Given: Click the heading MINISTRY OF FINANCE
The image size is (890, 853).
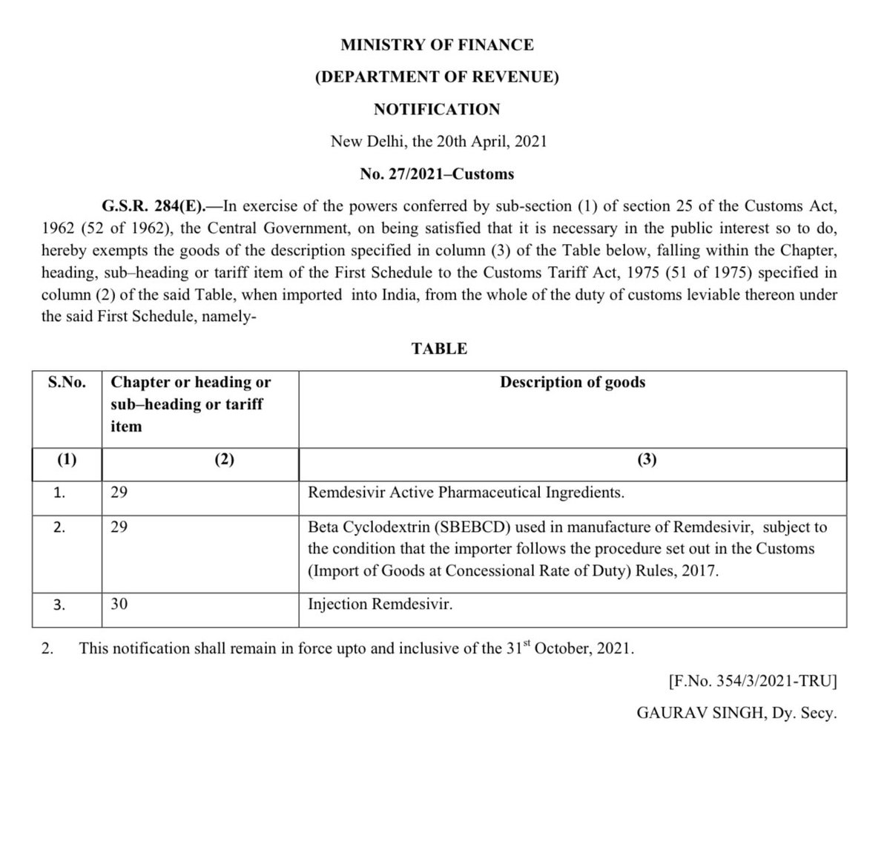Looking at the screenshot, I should (437, 45).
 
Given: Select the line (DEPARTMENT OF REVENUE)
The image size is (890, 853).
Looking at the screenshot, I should (437, 76).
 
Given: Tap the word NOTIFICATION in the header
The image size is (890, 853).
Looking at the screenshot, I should (437, 109).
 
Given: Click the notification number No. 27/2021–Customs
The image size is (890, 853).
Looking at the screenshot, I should (437, 174).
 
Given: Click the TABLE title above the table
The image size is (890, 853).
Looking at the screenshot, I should (439, 349).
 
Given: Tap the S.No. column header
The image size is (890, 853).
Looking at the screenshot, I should (67, 383).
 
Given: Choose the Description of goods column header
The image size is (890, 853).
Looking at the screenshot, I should (572, 383).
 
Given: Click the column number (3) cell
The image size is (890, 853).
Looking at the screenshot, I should (646, 460).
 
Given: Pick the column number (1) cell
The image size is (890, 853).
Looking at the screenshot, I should (67, 460).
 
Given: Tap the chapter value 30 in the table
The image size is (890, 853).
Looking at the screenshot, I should (119, 605).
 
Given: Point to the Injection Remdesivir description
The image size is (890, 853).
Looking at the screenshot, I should (380, 605).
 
